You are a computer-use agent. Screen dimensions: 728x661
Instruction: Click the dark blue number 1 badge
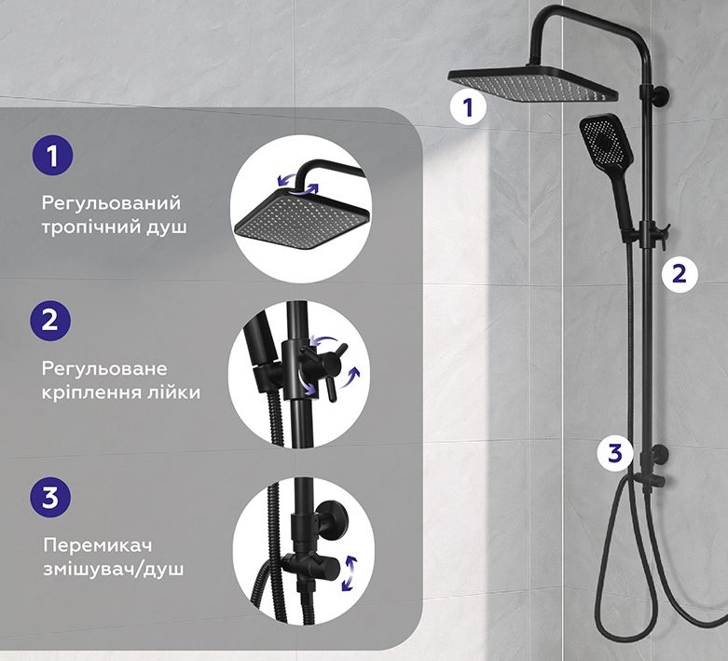pyautogui.click(x=52, y=155)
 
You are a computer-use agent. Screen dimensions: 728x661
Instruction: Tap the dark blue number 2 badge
pyautogui.click(x=50, y=321)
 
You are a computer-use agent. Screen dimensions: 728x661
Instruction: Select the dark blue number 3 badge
pyautogui.click(x=50, y=497)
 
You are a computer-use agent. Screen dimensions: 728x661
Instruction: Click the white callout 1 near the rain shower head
pyautogui.click(x=468, y=107)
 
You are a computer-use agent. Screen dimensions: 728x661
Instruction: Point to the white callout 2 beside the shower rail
pyautogui.click(x=680, y=273)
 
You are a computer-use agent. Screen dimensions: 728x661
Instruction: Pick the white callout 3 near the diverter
pyautogui.click(x=614, y=452)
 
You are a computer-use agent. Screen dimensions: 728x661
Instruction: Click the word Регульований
pyautogui.click(x=111, y=203)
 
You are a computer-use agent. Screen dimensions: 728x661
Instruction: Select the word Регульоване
pyautogui.click(x=104, y=369)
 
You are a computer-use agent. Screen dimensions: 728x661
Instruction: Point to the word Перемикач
pyautogui.click(x=98, y=545)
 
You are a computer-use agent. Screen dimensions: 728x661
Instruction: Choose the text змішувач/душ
pyautogui.click(x=114, y=570)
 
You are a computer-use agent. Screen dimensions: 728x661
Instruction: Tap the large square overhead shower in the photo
pyautogui.click(x=532, y=84)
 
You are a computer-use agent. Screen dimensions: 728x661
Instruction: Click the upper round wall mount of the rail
pyautogui.click(x=660, y=95)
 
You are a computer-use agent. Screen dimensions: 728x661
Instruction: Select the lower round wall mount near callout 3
pyautogui.click(x=659, y=453)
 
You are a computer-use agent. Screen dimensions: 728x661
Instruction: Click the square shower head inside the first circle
pyautogui.click(x=302, y=217)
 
